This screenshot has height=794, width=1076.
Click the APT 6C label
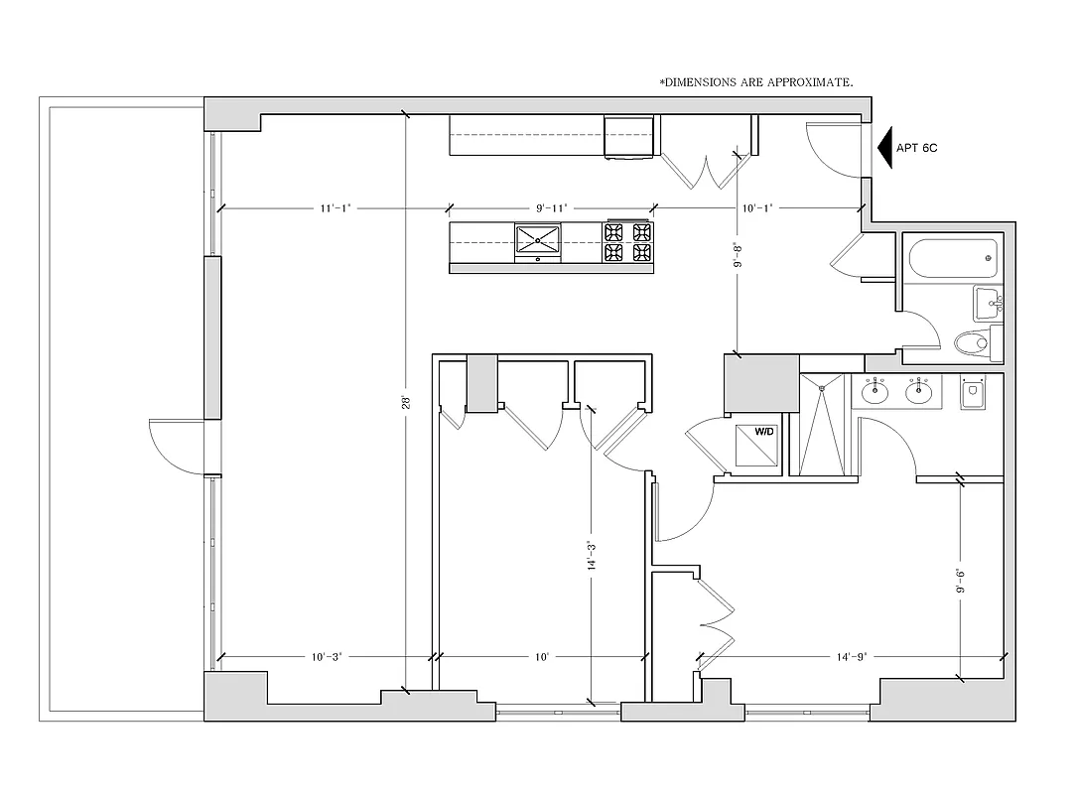click(916, 148)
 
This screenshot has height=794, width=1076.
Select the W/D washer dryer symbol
click(764, 433)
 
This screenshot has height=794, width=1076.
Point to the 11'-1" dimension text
click(335, 208)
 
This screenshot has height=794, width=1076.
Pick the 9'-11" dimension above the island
click(551, 208)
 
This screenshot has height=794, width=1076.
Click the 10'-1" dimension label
click(756, 208)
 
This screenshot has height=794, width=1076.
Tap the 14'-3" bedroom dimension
click(591, 556)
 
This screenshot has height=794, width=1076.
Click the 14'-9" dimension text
click(852, 657)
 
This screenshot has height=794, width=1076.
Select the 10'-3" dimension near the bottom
click(327, 657)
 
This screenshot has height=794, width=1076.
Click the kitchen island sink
click(537, 238)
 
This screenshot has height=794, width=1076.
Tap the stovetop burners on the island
click(627, 242)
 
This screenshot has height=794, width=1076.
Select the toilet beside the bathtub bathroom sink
click(972, 344)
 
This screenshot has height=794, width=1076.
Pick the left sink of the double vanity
click(874, 392)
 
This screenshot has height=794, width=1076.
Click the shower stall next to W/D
click(821, 426)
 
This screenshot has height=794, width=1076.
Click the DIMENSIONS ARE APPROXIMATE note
click(756, 82)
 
